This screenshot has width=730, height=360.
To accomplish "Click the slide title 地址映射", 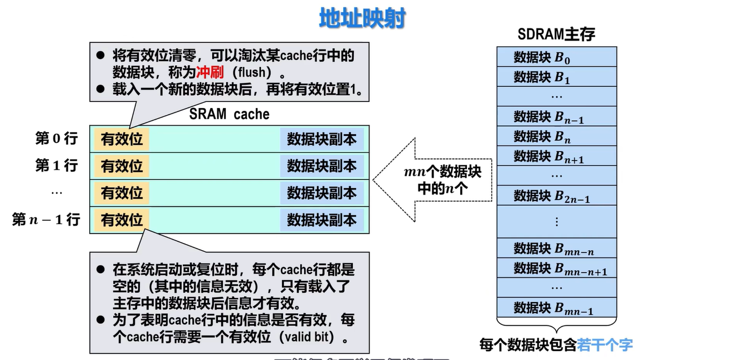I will pos(362,18).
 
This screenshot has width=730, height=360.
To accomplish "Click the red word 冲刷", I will pos(210,72).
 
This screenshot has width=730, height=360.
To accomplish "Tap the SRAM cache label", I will pos(229,114).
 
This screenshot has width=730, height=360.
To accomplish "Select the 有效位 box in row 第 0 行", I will pos(121,139).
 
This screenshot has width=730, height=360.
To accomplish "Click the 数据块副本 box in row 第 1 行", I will pos(322,166).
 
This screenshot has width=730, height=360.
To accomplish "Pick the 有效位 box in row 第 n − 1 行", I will pos(121,220).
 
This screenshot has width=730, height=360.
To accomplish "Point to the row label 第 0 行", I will pos(56,138).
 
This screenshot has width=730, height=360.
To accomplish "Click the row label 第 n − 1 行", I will pos(46,220).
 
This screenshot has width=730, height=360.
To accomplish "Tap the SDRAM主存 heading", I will pos(556,35).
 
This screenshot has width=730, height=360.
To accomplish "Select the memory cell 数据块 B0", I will pos(556,57).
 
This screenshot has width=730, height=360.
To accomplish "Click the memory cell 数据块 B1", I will pos(556,77).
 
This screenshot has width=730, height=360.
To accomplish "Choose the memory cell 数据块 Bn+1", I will pos(556,156).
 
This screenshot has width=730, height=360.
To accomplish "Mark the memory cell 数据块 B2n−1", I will pos(556,196).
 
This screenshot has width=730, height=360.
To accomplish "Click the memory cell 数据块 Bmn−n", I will pos(556,248).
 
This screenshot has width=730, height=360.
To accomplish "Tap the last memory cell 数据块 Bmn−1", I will pos(556,308).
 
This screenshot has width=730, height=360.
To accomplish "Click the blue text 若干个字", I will pos(605,345).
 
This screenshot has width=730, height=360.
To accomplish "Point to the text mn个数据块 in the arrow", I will pos(442,172).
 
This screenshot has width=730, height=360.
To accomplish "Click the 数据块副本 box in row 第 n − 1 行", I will pos(322,220).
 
